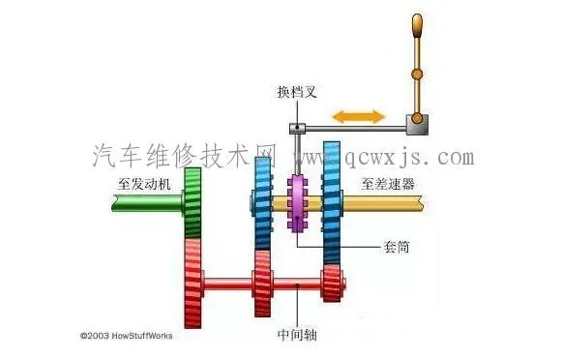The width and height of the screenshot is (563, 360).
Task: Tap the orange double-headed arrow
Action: tap(358, 116)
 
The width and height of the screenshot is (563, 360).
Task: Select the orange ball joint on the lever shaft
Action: tap(417, 74)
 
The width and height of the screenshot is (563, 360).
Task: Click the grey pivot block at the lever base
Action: tap(417, 123)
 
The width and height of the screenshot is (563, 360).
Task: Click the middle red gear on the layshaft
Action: tap(262, 282)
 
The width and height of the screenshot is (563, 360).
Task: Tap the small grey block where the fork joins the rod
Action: tap(298, 129)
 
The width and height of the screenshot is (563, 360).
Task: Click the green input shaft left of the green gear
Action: tap(145, 203)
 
